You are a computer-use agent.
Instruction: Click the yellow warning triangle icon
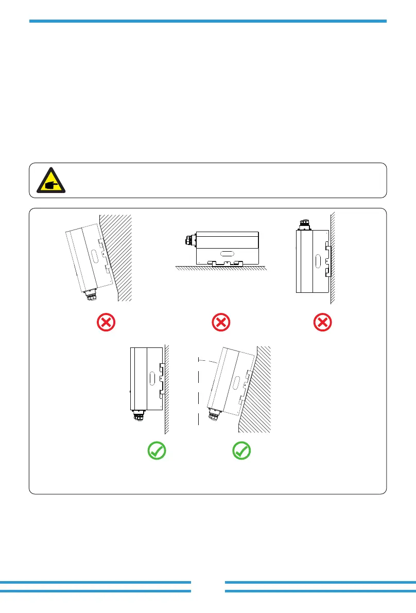(51, 180)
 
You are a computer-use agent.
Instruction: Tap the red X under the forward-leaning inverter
(107, 323)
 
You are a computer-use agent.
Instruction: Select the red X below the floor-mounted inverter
(220, 323)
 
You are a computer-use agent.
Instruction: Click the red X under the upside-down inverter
(323, 323)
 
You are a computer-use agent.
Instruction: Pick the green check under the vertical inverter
(157, 451)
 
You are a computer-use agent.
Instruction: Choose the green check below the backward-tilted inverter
(241, 451)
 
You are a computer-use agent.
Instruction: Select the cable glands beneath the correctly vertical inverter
(138, 415)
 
